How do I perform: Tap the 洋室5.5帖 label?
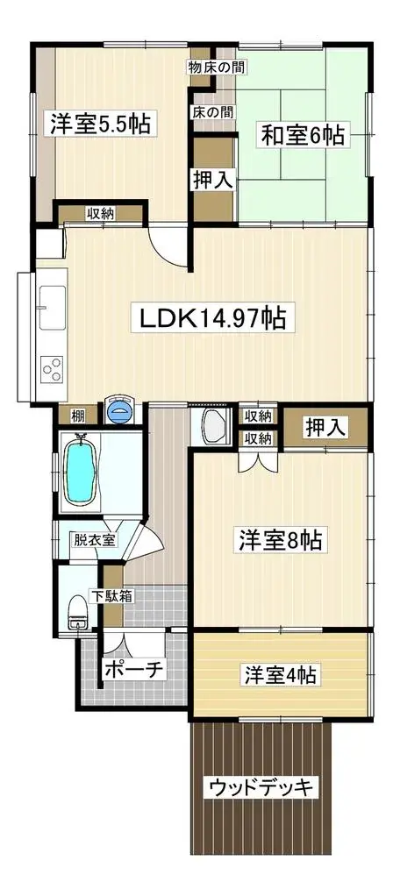coord(100,124)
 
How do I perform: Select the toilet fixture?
coord(76,612)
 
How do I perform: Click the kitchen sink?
coord(53,308)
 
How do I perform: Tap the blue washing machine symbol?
coord(119,409)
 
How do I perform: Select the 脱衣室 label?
coord(94,539)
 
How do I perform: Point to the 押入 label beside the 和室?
coord(212,181)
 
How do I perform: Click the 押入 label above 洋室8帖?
coord(325,428)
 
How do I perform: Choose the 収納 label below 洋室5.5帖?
coord(100,214)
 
